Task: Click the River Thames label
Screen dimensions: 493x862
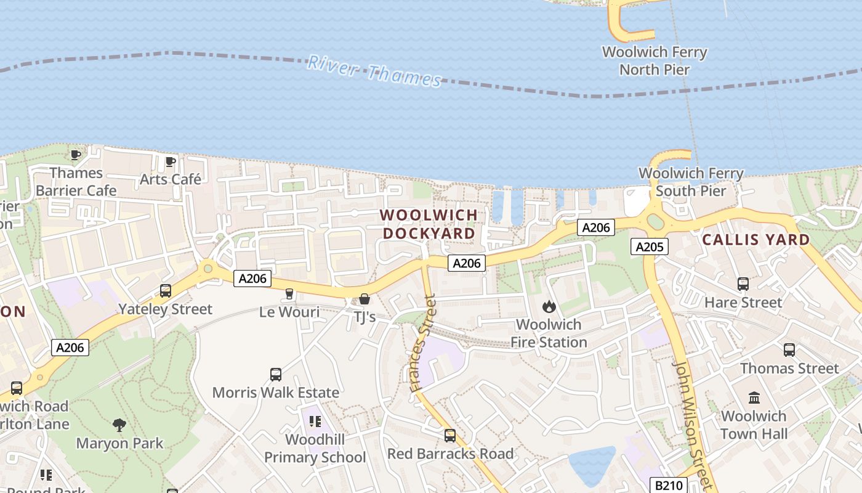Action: pyautogui.click(x=374, y=71)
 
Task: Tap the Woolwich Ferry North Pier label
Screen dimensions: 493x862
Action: pyautogui.click(x=655, y=60)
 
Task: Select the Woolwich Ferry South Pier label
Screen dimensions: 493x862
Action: pyautogui.click(x=691, y=182)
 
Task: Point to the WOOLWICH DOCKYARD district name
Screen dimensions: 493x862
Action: pyautogui.click(x=429, y=224)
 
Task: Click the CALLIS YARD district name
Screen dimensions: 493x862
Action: pyautogui.click(x=756, y=240)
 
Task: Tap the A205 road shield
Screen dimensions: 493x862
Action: pyautogui.click(x=650, y=247)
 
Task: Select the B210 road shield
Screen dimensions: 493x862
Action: pyautogui.click(x=667, y=486)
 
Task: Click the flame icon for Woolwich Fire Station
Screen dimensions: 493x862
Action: pyautogui.click(x=549, y=306)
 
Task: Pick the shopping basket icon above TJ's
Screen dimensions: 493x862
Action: pyautogui.click(x=365, y=299)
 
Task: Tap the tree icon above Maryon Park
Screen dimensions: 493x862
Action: pyautogui.click(x=119, y=425)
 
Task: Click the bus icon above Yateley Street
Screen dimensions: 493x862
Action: pyautogui.click(x=165, y=291)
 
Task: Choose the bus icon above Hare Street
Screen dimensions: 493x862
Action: pyautogui.click(x=743, y=284)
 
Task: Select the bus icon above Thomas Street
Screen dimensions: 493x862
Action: pyautogui.click(x=789, y=350)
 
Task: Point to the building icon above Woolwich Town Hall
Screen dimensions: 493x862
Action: pyautogui.click(x=754, y=397)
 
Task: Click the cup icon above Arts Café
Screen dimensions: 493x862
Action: pyautogui.click(x=170, y=162)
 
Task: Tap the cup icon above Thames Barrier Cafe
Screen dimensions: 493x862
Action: pyautogui.click(x=76, y=155)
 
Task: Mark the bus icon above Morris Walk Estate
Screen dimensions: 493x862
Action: pyautogui.click(x=276, y=374)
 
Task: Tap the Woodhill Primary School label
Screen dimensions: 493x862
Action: pyautogui.click(x=315, y=448)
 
